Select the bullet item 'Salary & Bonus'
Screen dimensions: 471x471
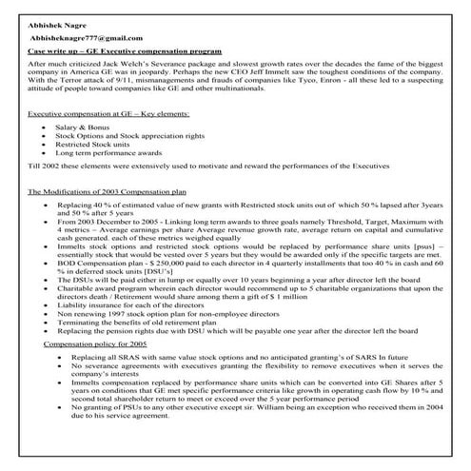click(x=82, y=127)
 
